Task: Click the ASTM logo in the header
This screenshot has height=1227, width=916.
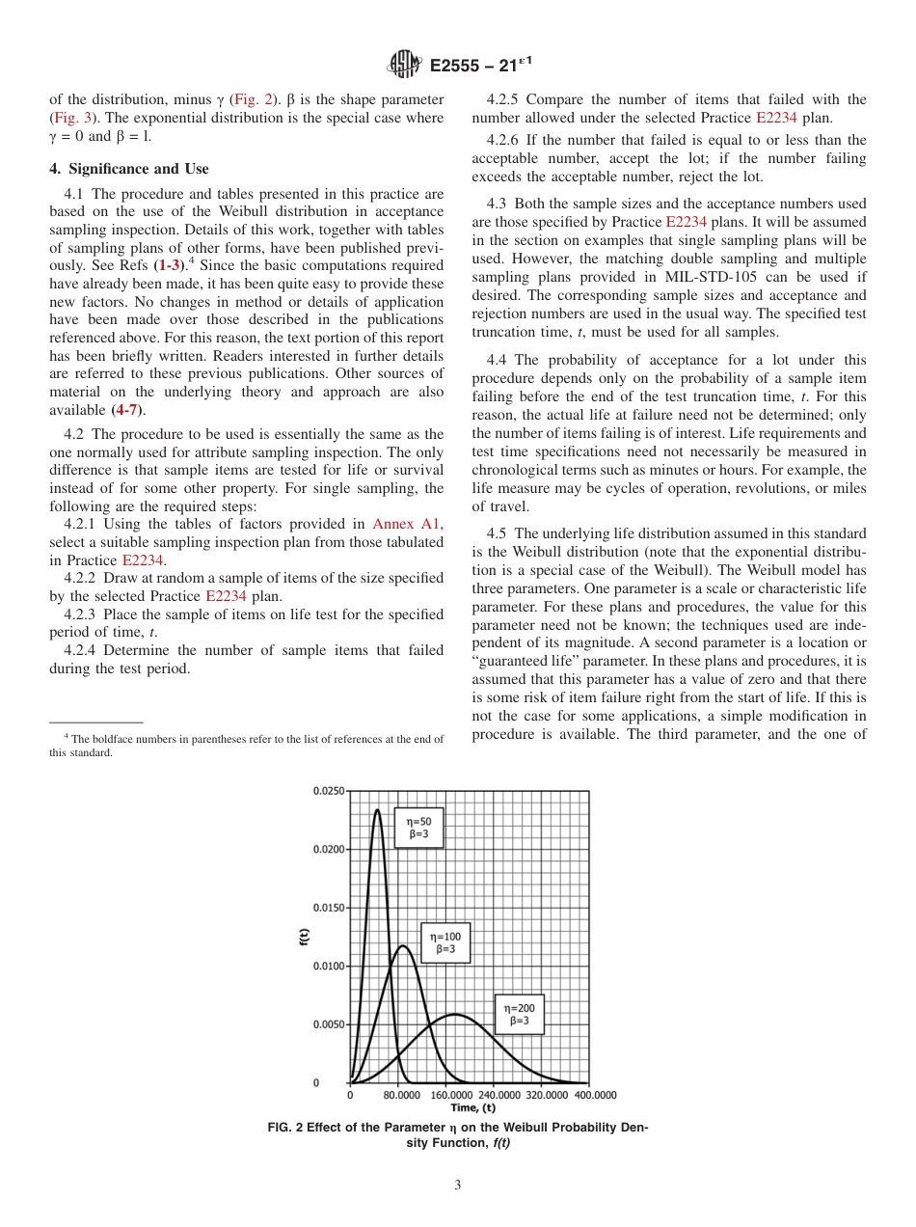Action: pos(404,66)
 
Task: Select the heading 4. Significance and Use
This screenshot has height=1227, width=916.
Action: pos(129,169)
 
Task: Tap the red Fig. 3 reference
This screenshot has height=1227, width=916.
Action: pos(70,117)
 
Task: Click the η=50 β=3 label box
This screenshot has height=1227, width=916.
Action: pos(418,828)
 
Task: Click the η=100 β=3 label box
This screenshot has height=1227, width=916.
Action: pos(445,942)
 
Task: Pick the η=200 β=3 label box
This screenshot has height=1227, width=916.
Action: pos(519,1014)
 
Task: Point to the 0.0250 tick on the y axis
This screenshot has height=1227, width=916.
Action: pos(329,791)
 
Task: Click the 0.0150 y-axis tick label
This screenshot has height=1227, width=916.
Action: pos(329,908)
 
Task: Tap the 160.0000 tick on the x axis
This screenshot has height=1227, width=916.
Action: pos(451,1096)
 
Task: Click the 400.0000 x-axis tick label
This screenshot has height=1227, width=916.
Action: pos(595,1096)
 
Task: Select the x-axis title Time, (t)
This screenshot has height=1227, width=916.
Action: pos(473,1108)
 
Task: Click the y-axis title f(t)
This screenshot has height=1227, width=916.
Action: pos(304,936)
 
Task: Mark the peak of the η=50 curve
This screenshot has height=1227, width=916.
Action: pos(377,809)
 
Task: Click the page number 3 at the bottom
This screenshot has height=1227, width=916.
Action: pos(458,1186)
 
